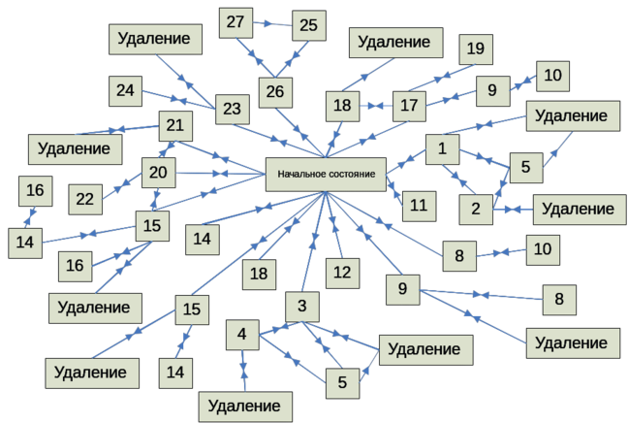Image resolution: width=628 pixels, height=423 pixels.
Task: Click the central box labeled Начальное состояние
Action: click(x=325, y=175)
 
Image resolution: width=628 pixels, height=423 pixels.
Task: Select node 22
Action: click(x=86, y=199)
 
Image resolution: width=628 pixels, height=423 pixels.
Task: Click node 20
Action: click(x=159, y=173)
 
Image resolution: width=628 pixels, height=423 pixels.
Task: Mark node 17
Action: click(x=408, y=103)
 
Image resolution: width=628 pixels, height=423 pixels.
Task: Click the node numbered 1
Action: click(x=442, y=150)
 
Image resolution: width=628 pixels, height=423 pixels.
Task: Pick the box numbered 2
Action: click(x=476, y=208)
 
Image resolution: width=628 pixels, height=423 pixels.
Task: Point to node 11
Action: click(x=417, y=205)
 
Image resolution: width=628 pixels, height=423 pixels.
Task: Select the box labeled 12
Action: click(x=341, y=273)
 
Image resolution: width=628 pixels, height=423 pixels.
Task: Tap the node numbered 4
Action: click(x=242, y=337)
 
